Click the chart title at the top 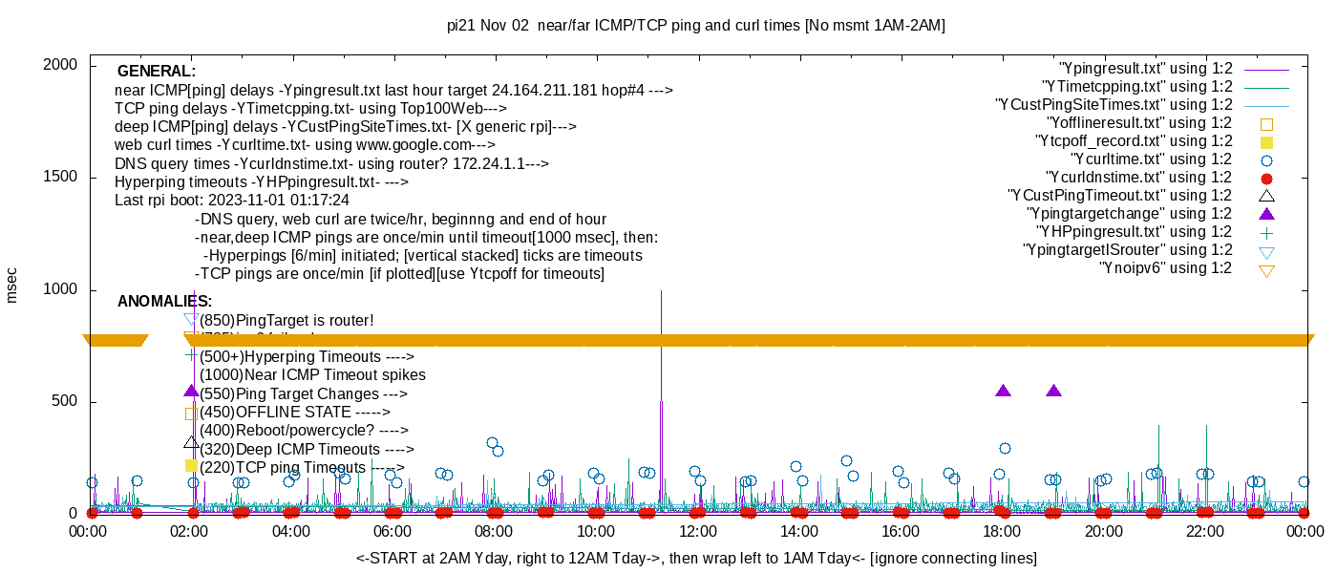[695, 26]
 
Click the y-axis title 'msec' [12, 285]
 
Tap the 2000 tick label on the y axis [65, 65]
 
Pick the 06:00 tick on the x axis [393, 531]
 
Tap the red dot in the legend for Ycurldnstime [1266, 179]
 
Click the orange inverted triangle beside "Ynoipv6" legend [1266, 270]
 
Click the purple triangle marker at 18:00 [1003, 391]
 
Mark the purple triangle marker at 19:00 [1053, 391]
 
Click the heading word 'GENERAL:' [157, 72]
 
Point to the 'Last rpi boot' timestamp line [232, 201]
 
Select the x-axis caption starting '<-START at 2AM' [696, 558]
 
